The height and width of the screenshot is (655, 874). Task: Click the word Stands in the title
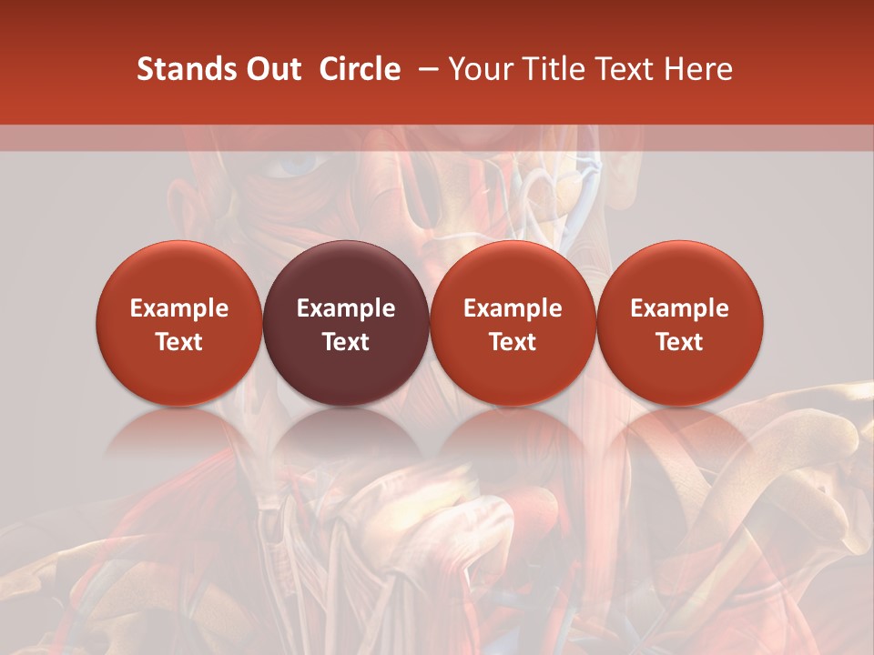pos(179,69)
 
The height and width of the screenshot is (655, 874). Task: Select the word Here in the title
pos(700,69)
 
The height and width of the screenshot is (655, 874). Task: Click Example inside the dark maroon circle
pos(346,308)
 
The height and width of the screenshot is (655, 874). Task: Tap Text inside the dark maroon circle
pos(346,342)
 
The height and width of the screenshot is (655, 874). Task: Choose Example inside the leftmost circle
pos(179,308)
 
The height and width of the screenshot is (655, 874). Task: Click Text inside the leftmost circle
pos(179,342)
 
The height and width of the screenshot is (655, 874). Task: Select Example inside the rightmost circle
pos(680,308)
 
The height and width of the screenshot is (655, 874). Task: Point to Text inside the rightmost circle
pos(680,342)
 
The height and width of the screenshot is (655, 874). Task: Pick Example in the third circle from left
pos(513,308)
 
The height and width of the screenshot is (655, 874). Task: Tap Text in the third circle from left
pos(513,342)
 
